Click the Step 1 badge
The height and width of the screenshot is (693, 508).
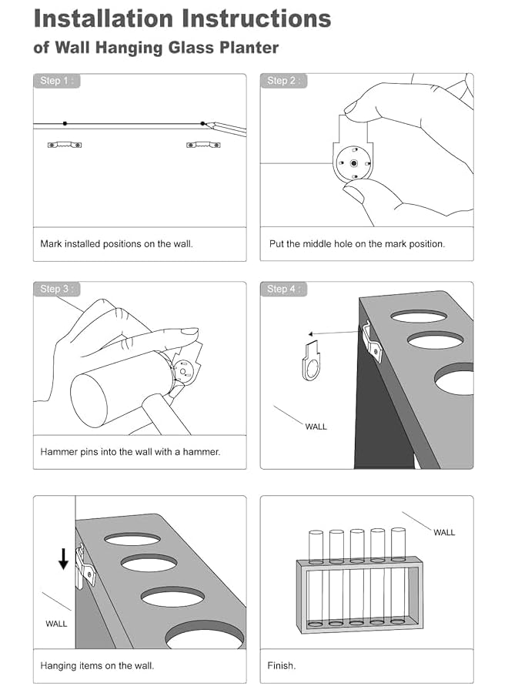coord(56,81)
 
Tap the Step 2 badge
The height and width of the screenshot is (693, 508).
coord(283,81)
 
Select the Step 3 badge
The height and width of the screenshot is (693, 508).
coord(56,289)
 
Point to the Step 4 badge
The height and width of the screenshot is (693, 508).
coord(283,289)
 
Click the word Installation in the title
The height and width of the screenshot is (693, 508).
coord(103,18)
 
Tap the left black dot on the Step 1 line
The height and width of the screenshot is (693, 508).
coord(65,123)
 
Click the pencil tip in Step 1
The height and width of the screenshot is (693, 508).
coord(206,124)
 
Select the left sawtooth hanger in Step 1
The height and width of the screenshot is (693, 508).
coord(65,145)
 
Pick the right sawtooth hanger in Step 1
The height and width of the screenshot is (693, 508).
coord(203,145)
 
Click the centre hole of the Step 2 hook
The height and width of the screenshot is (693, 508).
coord(354,163)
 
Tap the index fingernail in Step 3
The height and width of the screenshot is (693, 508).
coord(190,331)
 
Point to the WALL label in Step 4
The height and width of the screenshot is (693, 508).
coord(316,427)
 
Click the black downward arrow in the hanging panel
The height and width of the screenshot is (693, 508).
coord(64,559)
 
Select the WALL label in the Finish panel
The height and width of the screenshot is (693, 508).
coord(444,533)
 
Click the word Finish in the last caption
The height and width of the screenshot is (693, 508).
coord(280,665)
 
